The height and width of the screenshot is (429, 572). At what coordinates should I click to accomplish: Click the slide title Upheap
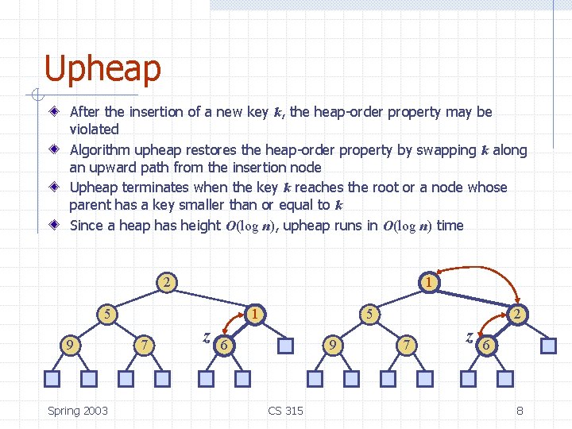pos(102,69)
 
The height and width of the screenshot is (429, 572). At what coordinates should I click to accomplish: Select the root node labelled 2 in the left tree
pos(166,281)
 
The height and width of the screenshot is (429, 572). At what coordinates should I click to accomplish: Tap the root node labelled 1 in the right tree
pos(428,281)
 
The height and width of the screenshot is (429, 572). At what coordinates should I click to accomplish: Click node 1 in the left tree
pos(253,314)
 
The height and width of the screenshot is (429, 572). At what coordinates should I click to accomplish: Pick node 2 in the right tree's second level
pos(517,314)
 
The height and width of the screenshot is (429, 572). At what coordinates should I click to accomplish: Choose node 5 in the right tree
pos(369,314)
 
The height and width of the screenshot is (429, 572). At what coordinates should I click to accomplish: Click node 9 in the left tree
pos(71,345)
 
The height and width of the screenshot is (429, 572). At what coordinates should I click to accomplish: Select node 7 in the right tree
pos(406,345)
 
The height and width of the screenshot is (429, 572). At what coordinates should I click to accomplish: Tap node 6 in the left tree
pos(225,345)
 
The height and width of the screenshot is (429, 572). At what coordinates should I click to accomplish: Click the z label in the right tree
pos(470,337)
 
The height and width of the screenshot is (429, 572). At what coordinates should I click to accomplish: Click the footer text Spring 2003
pos(78,410)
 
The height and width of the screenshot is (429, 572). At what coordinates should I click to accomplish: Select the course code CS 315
pos(285,410)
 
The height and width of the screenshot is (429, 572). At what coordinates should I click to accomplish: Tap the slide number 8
pos(520,410)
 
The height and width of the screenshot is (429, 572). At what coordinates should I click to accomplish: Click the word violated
pos(94,129)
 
